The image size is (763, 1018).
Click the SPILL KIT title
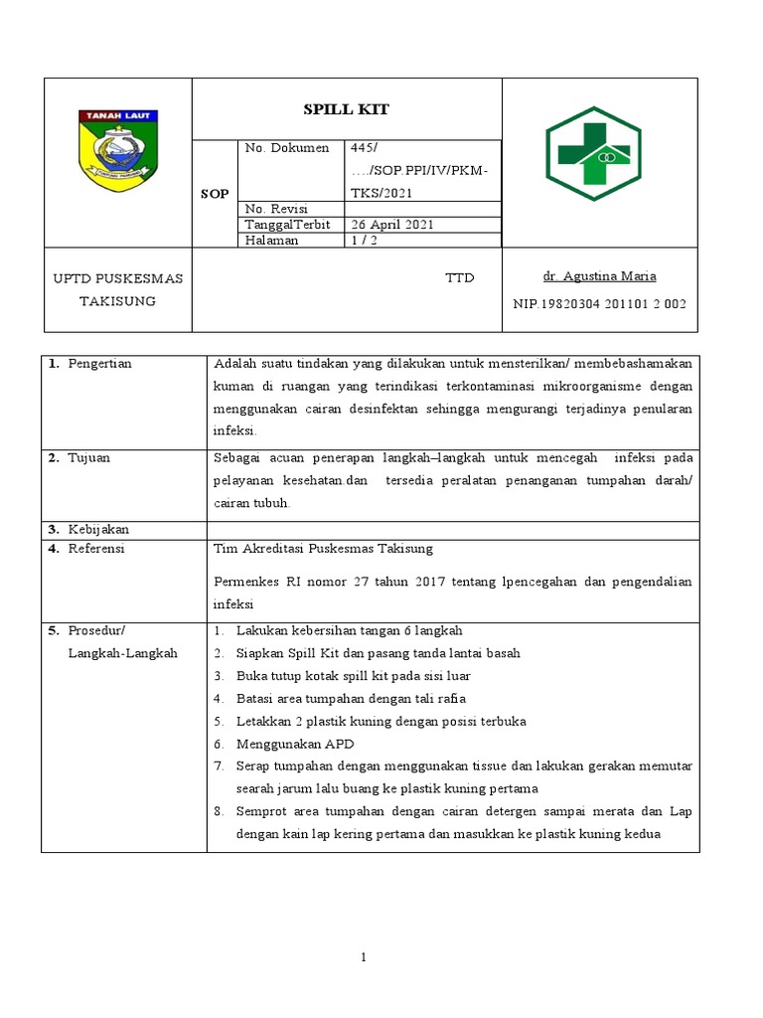pyautogui.click(x=347, y=109)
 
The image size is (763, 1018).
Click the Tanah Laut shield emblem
pyautogui.click(x=117, y=151)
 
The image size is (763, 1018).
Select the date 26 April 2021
pyautogui.click(x=390, y=225)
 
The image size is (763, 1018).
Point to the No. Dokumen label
pyautogui.click(x=286, y=148)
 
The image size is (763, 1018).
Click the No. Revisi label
pyautogui.click(x=276, y=209)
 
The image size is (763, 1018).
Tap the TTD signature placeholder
pyautogui.click(x=460, y=277)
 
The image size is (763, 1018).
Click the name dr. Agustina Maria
pyautogui.click(x=600, y=276)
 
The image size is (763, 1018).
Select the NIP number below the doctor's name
pyautogui.click(x=599, y=303)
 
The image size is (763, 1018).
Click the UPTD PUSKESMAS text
pyautogui.click(x=117, y=278)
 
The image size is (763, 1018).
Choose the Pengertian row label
pyautogui.click(x=99, y=364)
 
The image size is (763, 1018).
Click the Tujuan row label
pyautogui.click(x=89, y=458)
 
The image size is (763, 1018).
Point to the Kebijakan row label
pyautogui.click(x=98, y=529)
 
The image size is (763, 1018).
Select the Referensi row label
pyautogui.click(x=96, y=548)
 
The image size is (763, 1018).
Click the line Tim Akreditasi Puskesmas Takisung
pyautogui.click(x=324, y=548)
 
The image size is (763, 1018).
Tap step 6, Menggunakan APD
pyautogui.click(x=295, y=744)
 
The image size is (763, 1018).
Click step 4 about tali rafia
pyautogui.click(x=351, y=699)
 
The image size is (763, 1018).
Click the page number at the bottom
pyautogui.click(x=364, y=956)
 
